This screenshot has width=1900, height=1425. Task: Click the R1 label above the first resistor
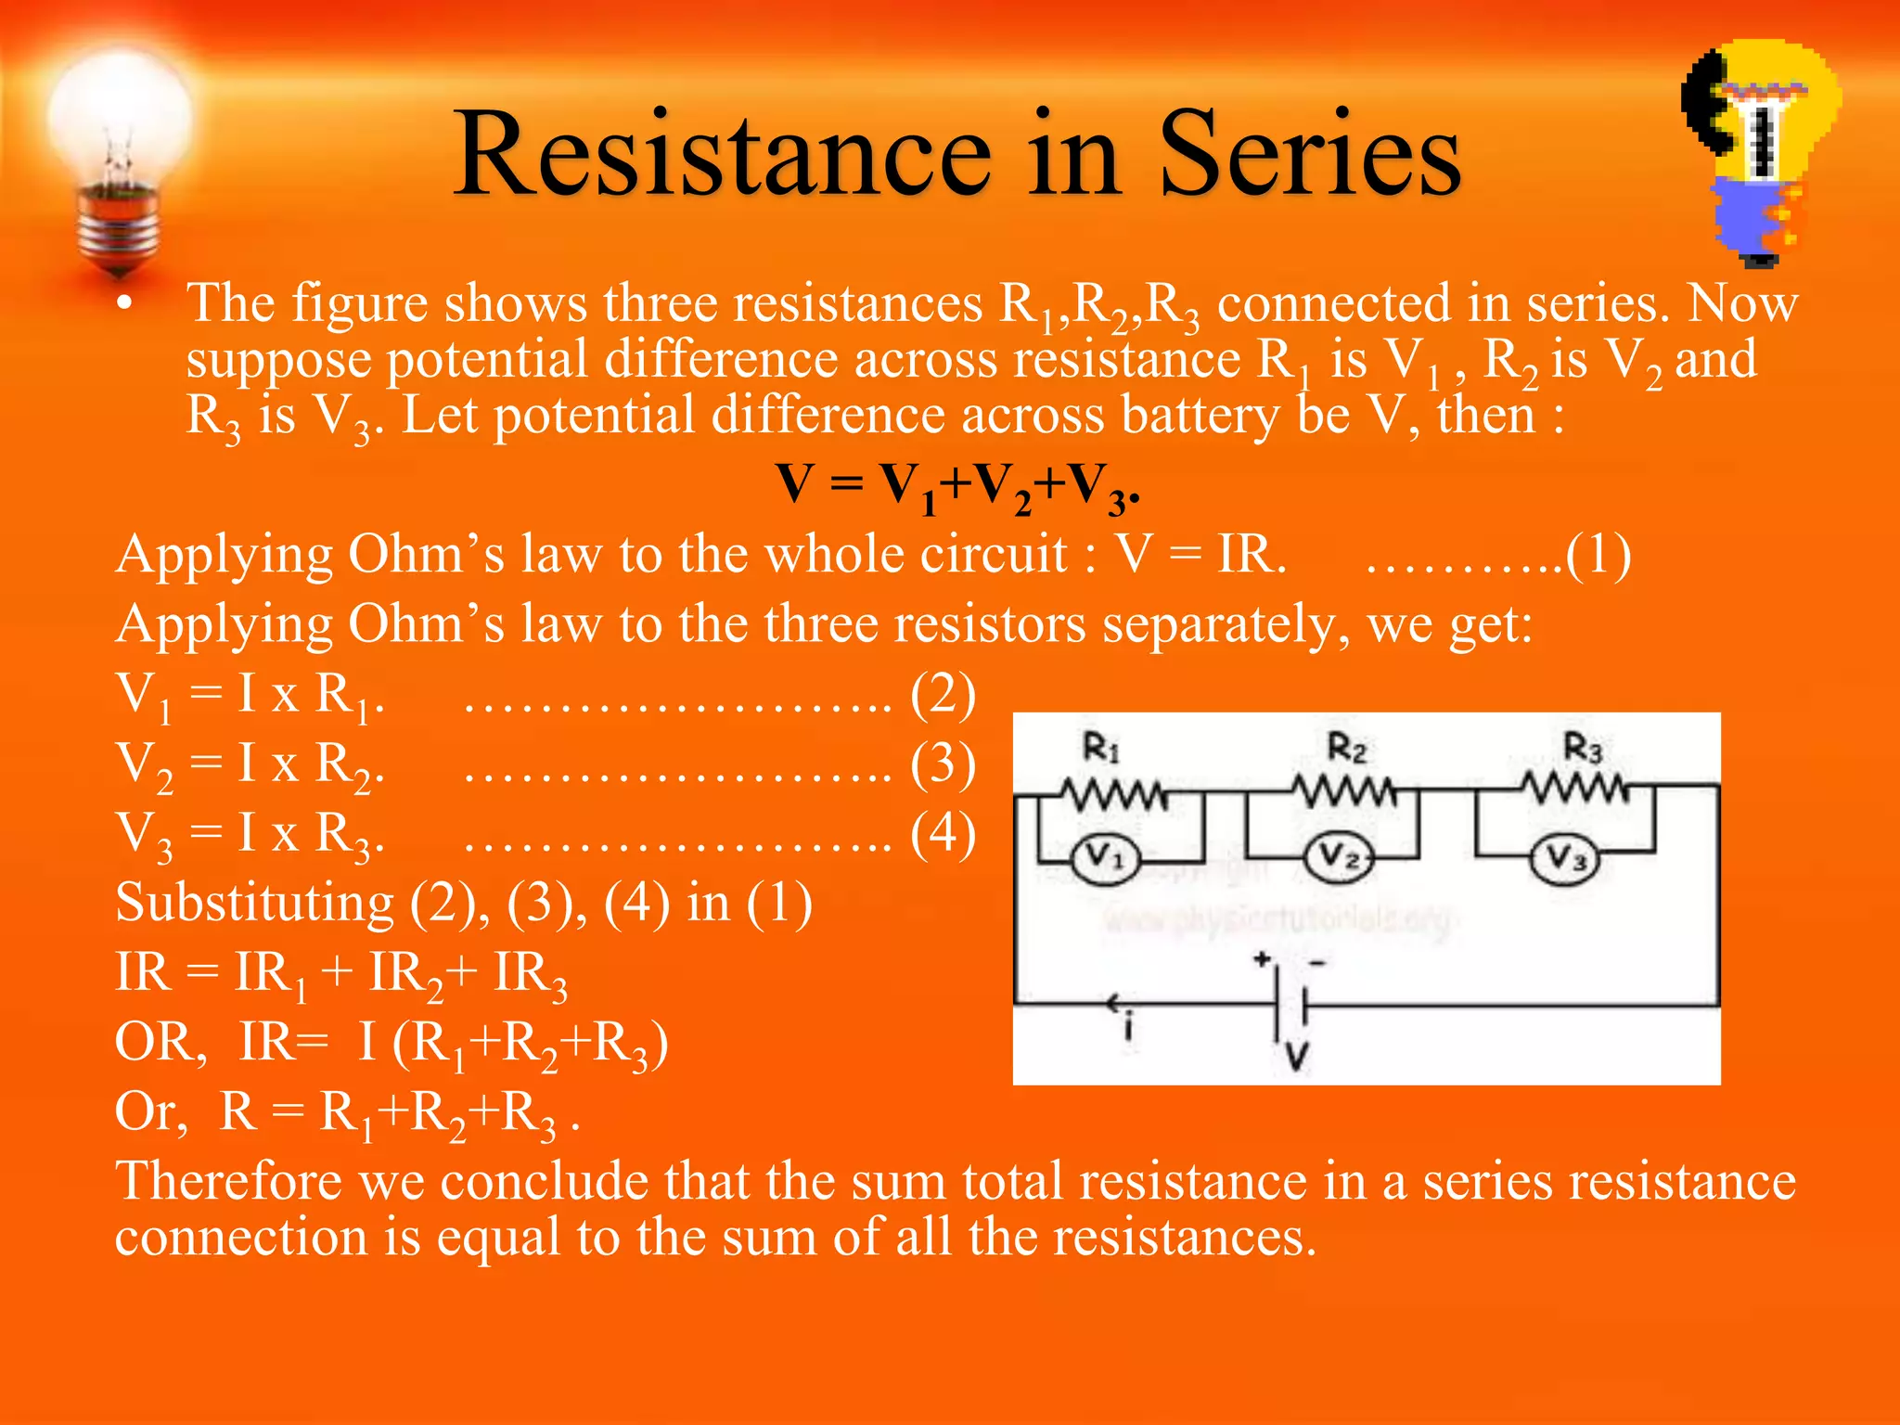(1101, 747)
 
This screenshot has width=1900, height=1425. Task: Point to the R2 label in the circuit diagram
(1346, 747)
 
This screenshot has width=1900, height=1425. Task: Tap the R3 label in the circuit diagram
(1583, 747)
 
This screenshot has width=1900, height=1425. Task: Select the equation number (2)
(943, 694)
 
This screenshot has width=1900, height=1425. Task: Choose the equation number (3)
(943, 764)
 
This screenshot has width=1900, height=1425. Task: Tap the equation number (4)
(943, 832)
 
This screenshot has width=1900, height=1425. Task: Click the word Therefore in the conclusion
(228, 1181)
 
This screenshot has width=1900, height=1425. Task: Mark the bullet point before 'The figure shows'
(125, 304)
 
